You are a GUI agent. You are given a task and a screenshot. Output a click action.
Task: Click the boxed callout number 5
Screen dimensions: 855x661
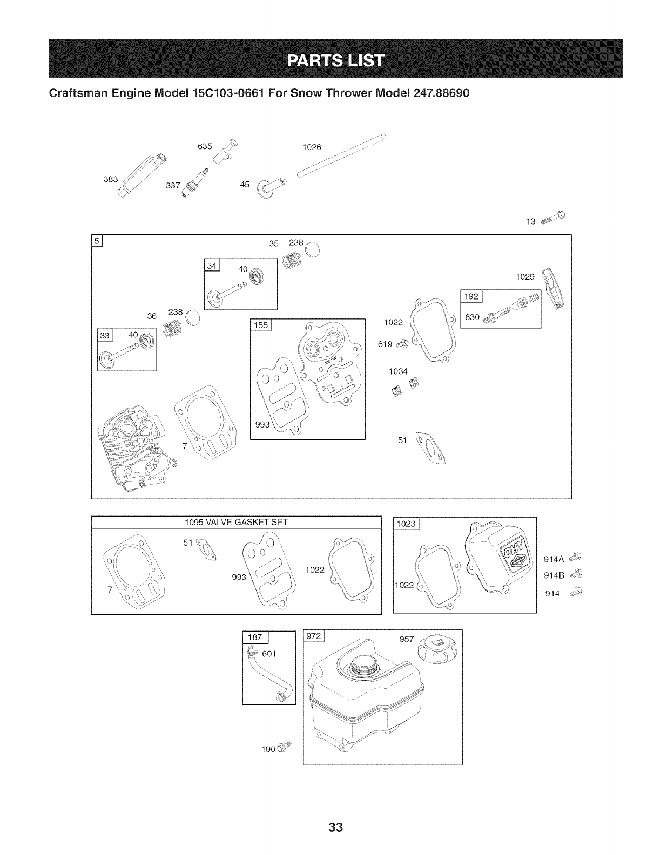click(x=98, y=241)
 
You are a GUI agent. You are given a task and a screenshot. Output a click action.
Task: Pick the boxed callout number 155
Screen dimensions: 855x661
click(x=261, y=324)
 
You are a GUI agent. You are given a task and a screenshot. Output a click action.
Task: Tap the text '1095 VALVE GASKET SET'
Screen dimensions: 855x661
click(x=237, y=522)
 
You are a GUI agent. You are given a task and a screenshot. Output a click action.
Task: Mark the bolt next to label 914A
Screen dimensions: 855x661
click(x=576, y=557)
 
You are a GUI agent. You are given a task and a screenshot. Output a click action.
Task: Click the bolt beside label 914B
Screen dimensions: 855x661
click(x=576, y=574)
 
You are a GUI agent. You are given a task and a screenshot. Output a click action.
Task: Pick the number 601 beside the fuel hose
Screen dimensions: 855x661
click(x=269, y=654)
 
